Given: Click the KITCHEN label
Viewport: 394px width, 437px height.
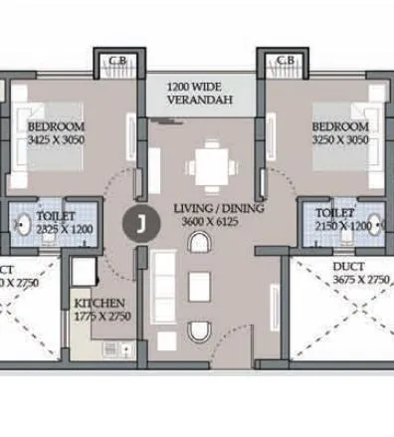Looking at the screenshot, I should click(99, 303).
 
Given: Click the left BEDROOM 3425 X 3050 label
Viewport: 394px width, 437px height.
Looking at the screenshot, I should click(56, 133).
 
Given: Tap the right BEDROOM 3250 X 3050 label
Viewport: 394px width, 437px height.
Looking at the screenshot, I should click(341, 133).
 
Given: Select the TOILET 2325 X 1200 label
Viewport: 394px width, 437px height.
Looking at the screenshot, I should click(56, 220).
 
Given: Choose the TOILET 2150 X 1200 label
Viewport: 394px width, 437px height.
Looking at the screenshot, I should click(341, 220).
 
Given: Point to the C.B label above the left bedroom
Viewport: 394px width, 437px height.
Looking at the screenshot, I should click(117, 61).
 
